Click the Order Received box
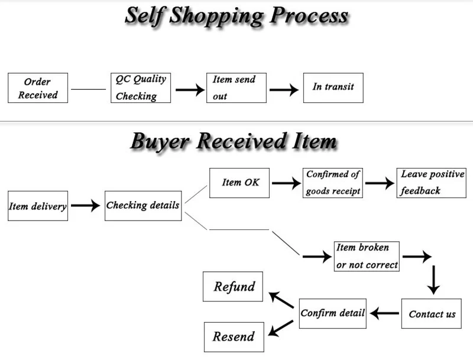(38, 87)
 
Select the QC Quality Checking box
(141, 87)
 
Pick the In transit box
(333, 87)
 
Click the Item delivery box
(38, 206)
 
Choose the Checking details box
(143, 206)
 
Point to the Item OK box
(239, 183)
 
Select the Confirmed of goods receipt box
(333, 183)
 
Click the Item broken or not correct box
(367, 256)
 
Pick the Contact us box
(432, 313)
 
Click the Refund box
(235, 287)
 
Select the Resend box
(234, 337)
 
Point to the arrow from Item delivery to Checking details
(86, 206)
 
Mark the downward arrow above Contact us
(433, 279)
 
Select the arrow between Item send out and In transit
(284, 90)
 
